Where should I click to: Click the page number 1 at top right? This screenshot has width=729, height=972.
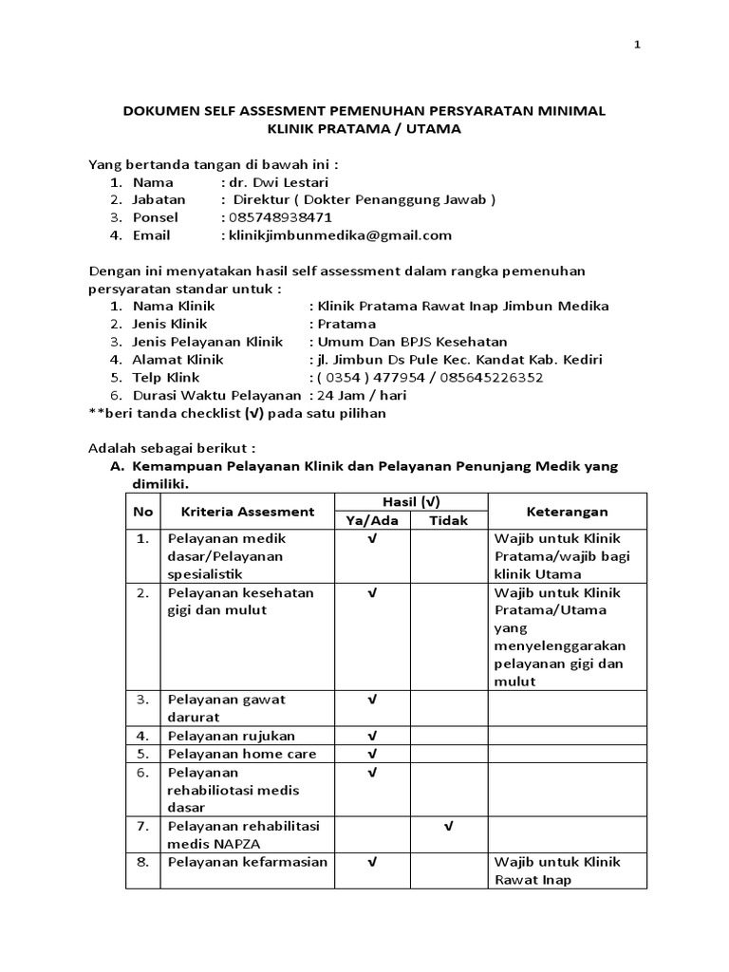point(637,45)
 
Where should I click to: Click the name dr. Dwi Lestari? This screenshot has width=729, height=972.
point(276,181)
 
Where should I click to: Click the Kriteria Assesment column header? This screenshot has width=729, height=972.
point(248,511)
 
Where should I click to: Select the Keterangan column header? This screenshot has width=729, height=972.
point(567,511)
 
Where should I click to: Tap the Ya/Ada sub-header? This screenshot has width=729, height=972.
point(371,520)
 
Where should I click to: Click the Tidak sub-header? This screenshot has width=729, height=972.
point(448,520)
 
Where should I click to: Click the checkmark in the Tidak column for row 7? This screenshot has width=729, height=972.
point(448,827)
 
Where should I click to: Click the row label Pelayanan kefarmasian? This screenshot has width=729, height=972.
point(248,862)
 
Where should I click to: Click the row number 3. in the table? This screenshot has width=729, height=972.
point(142,700)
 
